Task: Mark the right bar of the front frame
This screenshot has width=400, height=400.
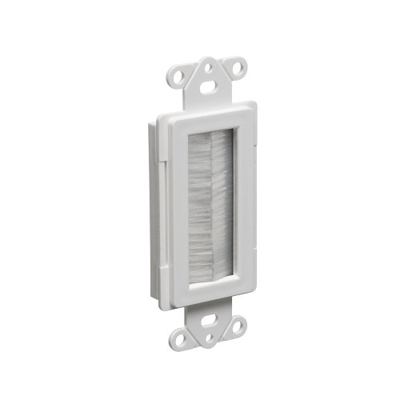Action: click(x=244, y=208)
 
